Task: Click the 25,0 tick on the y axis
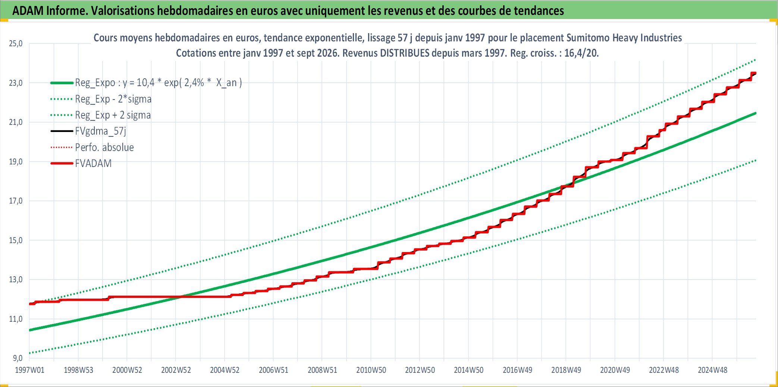coord(16,44)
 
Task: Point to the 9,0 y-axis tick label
coord(18,358)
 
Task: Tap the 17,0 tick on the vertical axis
coord(16,201)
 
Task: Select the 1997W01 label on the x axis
coord(29,370)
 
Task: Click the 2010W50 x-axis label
coord(371,370)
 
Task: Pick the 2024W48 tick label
coord(712,370)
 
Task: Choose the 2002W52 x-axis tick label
coord(176,370)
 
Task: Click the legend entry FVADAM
coord(93,164)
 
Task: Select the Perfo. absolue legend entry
coord(104,148)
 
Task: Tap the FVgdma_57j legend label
coord(101,131)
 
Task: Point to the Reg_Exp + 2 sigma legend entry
coord(113,115)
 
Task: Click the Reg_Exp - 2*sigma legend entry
coord(113,99)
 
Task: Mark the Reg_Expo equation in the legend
coord(159,83)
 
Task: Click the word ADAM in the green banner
coord(28,11)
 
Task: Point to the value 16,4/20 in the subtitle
coord(581,53)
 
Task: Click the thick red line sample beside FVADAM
coord(62,164)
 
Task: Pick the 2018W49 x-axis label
coord(566,370)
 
